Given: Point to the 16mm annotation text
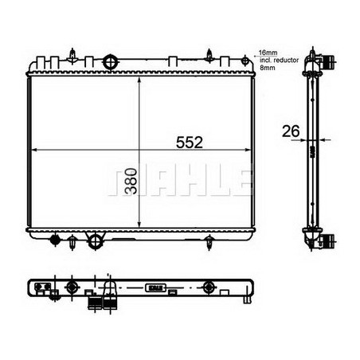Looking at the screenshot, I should click(x=266, y=51).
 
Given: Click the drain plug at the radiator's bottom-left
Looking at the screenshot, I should click(x=55, y=239).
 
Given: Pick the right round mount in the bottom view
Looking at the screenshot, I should click(x=209, y=288).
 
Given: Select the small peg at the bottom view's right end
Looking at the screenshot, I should click(x=245, y=300).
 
